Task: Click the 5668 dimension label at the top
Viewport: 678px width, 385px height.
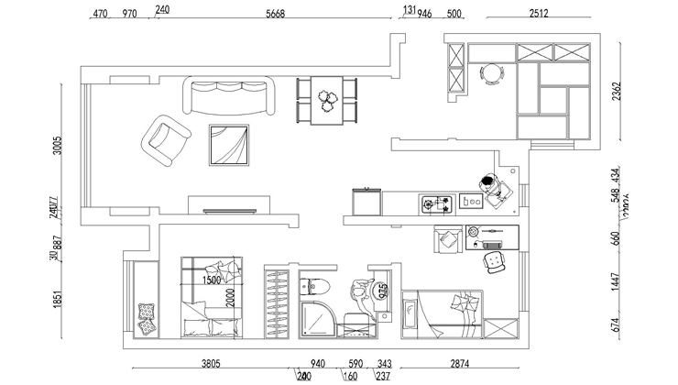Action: (275, 13)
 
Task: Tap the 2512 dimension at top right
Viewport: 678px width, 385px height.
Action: (539, 13)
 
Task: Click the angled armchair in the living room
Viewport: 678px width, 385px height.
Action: (167, 140)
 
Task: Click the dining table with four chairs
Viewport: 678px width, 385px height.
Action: (326, 100)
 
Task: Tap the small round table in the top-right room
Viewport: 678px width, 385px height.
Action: (493, 72)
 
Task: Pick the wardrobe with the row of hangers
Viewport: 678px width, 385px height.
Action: (279, 302)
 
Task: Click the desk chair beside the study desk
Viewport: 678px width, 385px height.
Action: (497, 263)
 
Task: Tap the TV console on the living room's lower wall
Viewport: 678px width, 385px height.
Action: (229, 203)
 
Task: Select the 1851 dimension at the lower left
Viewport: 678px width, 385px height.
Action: (56, 301)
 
